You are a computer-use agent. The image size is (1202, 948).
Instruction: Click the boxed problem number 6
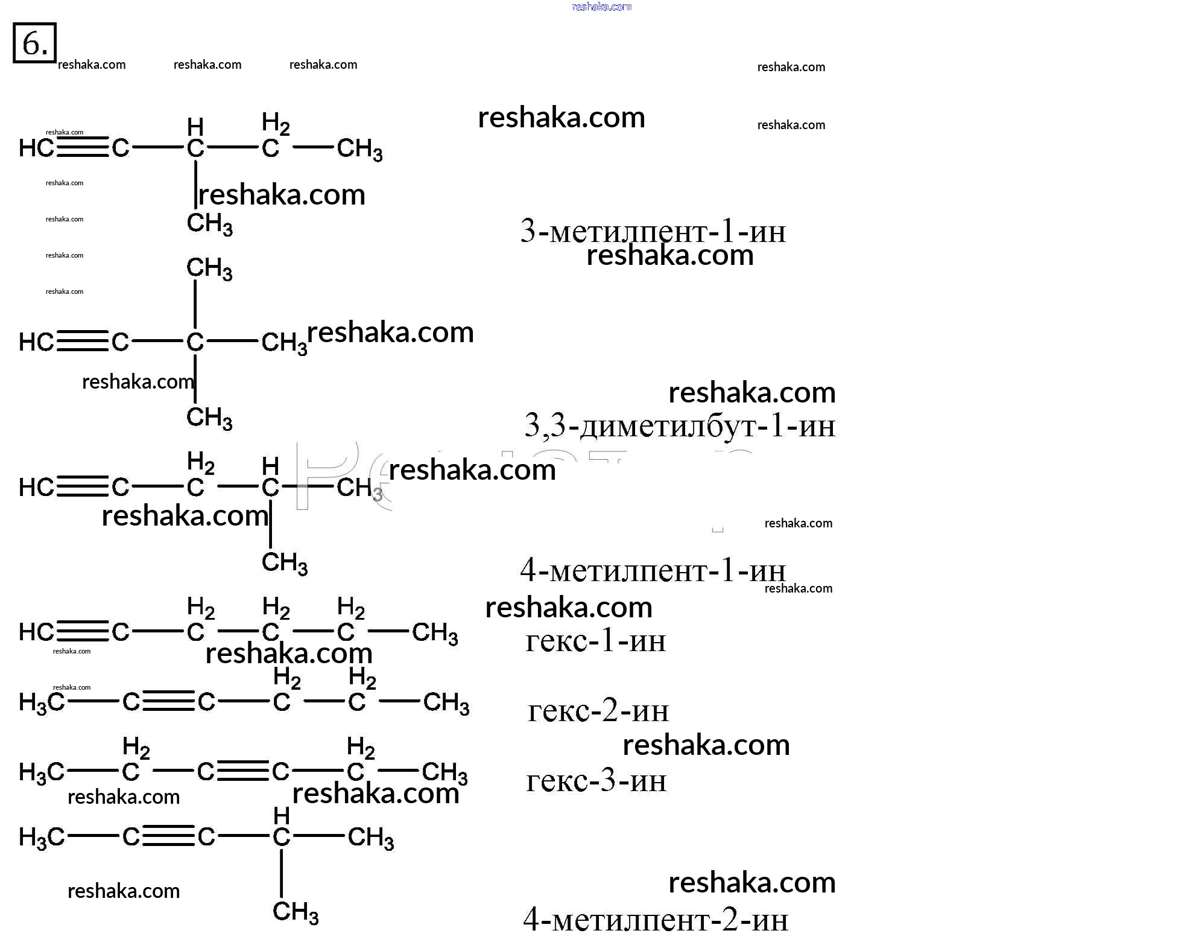coord(34,43)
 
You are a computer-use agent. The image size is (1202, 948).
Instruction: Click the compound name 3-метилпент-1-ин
coord(653,231)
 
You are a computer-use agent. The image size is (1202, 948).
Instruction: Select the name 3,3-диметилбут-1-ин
coord(680,426)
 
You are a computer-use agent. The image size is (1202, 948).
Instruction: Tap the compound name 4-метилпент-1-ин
coord(653,570)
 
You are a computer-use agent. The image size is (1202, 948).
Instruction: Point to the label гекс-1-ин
coord(595,641)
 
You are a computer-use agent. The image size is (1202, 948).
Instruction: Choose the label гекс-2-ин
coord(598,711)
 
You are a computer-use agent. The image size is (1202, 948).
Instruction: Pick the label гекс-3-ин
coord(596,781)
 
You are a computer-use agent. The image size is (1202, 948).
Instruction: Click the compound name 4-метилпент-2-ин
coord(655,920)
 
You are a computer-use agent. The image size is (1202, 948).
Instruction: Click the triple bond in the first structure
coord(83,147)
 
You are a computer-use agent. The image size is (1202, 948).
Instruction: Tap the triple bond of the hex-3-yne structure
coord(242,771)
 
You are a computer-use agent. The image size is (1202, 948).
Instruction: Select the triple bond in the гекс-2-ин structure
coord(168,702)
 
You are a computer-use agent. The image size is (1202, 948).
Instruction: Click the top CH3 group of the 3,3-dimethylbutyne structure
coord(209,268)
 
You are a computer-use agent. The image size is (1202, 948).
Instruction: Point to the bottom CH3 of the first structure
coord(209,224)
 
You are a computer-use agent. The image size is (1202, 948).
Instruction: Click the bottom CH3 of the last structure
coord(296,912)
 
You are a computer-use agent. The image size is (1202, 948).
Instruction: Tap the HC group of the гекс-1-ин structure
coord(36,632)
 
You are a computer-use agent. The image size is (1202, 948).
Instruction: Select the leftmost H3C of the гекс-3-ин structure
coord(41,772)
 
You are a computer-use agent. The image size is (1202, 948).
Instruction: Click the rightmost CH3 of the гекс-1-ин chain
coord(435,633)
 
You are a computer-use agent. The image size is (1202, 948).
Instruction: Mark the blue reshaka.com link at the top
coord(601,7)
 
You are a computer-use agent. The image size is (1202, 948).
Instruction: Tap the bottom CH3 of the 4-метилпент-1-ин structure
coord(285,563)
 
